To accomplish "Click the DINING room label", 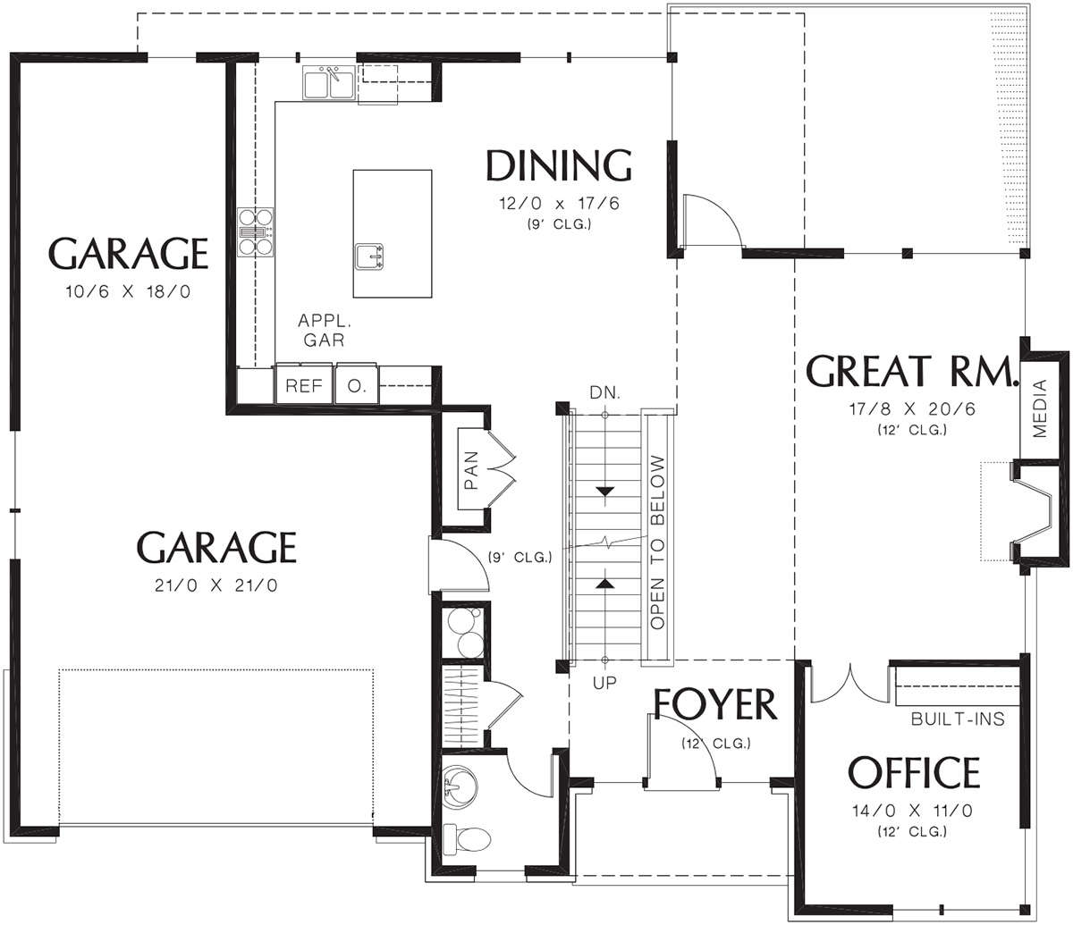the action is pos(559,165).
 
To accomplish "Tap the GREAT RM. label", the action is pos(910,371).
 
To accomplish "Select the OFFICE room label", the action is pos(914,773).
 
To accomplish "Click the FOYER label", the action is pos(714,705).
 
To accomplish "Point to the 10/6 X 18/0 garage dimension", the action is pos(128,292).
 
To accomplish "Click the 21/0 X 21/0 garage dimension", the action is pos(216,585).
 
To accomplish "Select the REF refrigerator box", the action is pos(304,385).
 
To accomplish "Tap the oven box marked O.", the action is pos(357,385).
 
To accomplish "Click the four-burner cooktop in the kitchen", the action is pos(256,231).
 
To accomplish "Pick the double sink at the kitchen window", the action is pos(328,83).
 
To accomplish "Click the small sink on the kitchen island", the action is pos(369,256).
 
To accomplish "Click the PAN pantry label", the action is pos(471,470).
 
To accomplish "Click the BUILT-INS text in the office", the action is pos(958,719).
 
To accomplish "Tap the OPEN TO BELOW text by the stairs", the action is pos(657,542).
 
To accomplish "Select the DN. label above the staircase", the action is pos(604,392).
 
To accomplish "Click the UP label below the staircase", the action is pos(604,683).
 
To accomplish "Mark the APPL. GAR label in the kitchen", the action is pos(325,330).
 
